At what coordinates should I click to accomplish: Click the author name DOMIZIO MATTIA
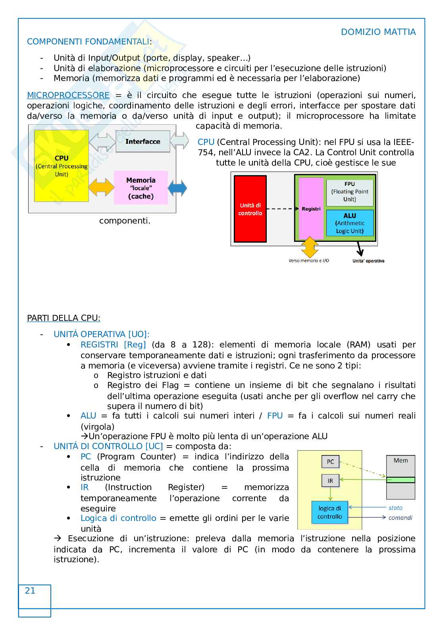pos(378,32)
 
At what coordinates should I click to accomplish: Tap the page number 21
pos(30,591)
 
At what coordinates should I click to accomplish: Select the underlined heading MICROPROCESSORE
pos(68,95)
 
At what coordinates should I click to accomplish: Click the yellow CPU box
pos(62,166)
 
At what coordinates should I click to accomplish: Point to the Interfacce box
pos(143,141)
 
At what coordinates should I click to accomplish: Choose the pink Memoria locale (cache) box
pos(141,188)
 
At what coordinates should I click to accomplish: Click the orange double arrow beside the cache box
pos(101,187)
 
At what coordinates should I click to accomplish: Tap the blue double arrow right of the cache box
pos(177,188)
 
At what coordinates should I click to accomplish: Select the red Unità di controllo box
pos(250,209)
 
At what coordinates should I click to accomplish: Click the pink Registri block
pos(311,209)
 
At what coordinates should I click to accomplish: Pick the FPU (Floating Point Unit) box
pos(350,192)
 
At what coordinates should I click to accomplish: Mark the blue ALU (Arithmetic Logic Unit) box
pos(350,223)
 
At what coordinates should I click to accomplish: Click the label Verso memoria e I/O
pos(308,261)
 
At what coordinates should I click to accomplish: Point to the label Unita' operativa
pos(368,261)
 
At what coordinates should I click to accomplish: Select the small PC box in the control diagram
pos(330,461)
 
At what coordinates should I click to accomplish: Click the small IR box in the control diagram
pos(330,481)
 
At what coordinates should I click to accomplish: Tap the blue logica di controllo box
pos(329,512)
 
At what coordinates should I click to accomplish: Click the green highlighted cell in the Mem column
pos(401,480)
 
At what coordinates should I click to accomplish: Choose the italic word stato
pos(395,508)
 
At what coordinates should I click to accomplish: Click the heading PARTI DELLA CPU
pos(64,318)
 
